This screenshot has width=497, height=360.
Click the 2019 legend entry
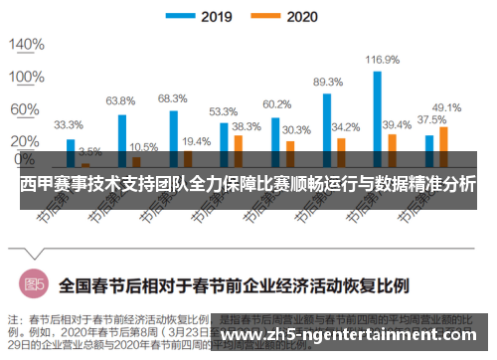point(204,16)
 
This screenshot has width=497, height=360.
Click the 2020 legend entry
point(292,16)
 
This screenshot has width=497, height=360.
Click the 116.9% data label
point(382,61)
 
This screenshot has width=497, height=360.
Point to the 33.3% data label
point(68,125)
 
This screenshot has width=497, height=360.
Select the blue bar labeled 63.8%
point(121,139)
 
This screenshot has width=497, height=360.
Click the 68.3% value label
point(172,98)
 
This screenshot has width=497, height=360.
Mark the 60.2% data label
point(276,104)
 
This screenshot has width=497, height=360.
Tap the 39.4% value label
point(397,124)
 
